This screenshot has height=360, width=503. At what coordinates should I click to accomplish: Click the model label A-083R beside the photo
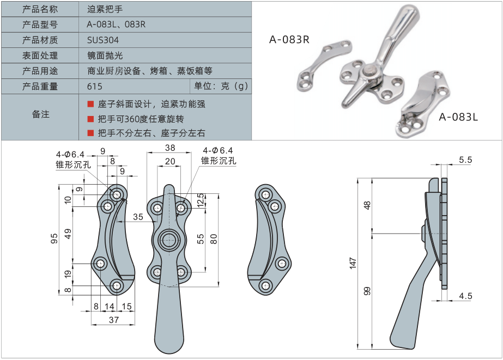tap(289, 40)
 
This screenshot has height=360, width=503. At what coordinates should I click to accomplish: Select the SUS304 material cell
tap(103, 40)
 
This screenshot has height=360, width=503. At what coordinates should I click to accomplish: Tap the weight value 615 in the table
tap(95, 87)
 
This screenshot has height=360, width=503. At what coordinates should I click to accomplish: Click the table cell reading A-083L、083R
tap(117, 25)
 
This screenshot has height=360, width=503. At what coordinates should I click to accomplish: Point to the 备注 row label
tap(41, 114)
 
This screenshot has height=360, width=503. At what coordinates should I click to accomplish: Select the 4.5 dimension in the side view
tap(465, 296)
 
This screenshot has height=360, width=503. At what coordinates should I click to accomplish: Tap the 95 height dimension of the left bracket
tap(54, 239)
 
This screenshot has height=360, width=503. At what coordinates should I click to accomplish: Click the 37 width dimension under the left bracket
tap(113, 320)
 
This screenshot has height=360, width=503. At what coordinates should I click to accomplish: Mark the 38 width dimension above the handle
tap(170, 148)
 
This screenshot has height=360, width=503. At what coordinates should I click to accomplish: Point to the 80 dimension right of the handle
tap(214, 238)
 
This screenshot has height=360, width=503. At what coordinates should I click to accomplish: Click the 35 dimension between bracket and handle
tap(138, 217)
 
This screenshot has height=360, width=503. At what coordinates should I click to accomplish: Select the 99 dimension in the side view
tap(367, 291)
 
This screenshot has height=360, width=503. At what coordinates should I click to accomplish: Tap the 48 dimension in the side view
tap(367, 205)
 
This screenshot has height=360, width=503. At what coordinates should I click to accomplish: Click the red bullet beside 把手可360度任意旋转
tap(90, 119)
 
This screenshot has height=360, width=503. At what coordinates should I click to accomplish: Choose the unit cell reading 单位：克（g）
tap(221, 86)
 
